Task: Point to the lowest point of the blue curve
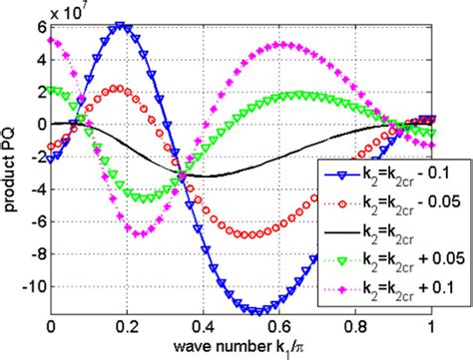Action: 258,310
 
